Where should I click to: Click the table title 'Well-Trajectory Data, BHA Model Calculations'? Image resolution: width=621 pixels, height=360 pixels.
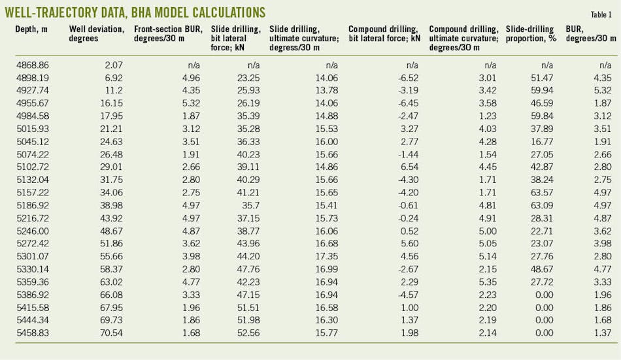[x=135, y=12]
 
